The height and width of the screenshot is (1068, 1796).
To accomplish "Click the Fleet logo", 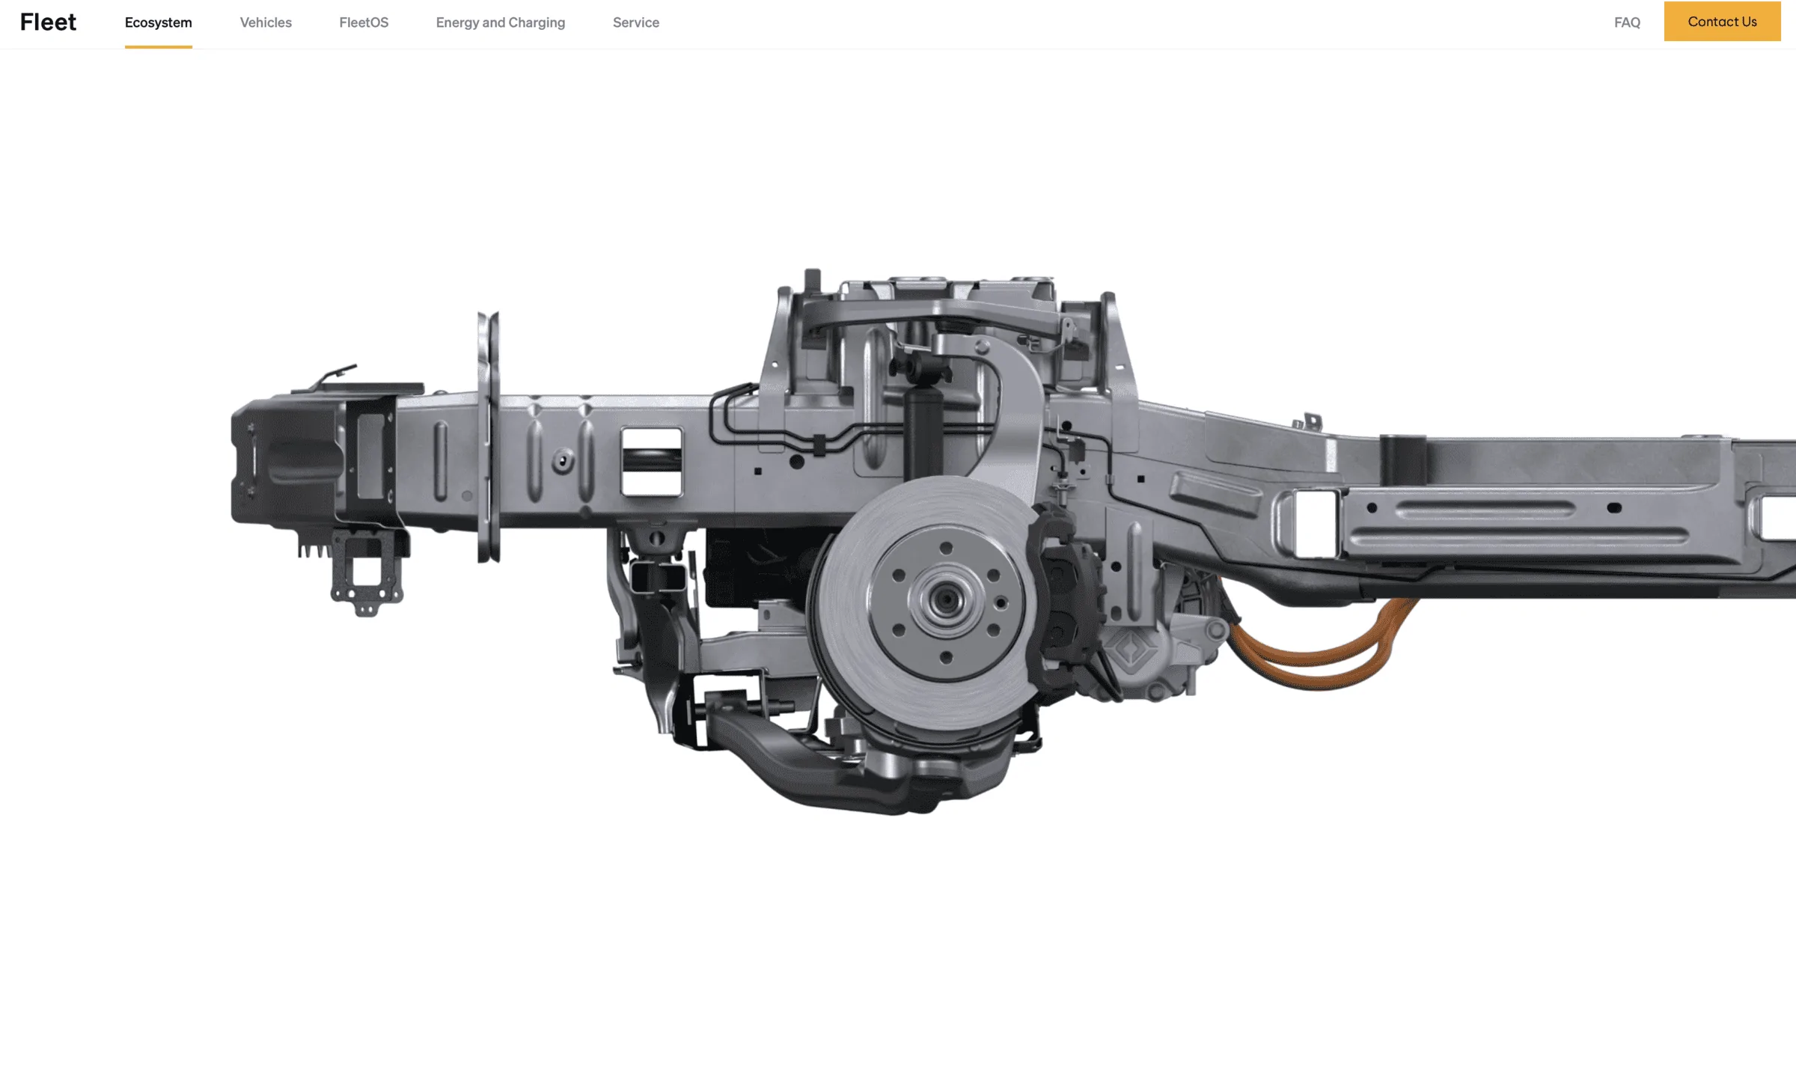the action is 48,22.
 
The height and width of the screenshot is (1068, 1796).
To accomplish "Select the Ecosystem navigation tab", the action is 159,22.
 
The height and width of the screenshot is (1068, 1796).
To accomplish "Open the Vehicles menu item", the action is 266,22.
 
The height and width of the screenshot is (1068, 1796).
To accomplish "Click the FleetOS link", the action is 364,22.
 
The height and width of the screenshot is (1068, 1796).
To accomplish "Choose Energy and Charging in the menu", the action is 501,22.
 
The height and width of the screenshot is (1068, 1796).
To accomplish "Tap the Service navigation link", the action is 636,22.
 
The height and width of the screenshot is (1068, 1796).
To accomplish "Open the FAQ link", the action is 1627,22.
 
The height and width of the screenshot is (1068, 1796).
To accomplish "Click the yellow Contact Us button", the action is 1722,21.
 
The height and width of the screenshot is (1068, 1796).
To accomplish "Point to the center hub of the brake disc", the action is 946,600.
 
